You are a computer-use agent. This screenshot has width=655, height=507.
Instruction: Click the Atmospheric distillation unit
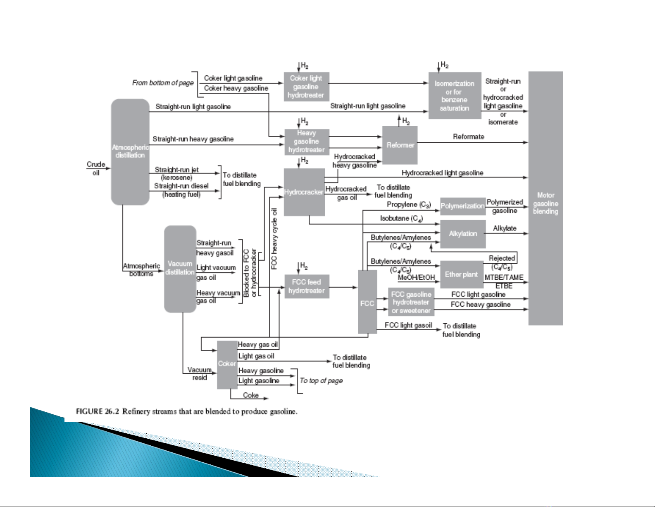click(x=130, y=151)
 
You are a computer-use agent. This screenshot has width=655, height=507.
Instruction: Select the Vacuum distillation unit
click(x=180, y=268)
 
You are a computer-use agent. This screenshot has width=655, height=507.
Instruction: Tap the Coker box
click(x=227, y=364)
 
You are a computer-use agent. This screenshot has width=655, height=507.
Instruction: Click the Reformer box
click(x=400, y=145)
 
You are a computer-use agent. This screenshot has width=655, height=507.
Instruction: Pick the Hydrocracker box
click(x=304, y=192)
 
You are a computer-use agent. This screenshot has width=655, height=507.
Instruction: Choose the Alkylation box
click(x=462, y=234)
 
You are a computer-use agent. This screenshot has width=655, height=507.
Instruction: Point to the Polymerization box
click(x=462, y=206)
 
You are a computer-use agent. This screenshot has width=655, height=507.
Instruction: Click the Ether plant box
click(x=461, y=274)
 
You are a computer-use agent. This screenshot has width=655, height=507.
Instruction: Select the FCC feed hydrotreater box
click(x=306, y=286)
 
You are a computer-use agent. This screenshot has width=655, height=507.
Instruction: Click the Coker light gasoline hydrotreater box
click(x=306, y=87)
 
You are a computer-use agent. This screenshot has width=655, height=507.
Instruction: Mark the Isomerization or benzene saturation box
click(x=454, y=96)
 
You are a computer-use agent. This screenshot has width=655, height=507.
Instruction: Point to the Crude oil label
click(x=95, y=168)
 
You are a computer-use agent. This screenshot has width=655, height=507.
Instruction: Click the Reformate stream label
click(x=468, y=137)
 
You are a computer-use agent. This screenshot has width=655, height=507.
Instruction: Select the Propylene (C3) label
click(x=409, y=205)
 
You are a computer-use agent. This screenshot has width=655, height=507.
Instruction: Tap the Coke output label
click(x=250, y=395)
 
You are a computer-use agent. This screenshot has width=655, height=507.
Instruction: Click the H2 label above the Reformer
click(x=406, y=121)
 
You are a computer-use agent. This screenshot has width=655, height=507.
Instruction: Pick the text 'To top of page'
click(x=321, y=381)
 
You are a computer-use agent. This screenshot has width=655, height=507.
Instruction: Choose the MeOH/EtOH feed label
click(x=416, y=278)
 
